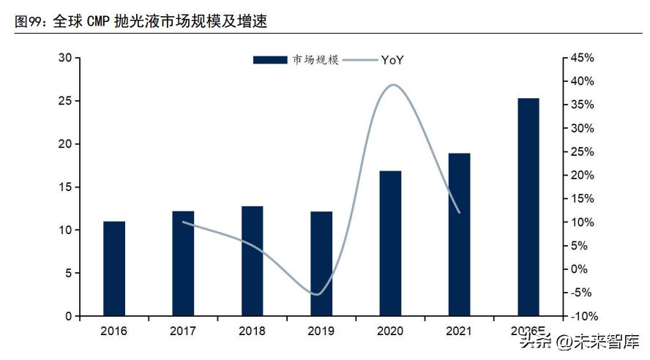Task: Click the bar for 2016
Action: [x=113, y=269]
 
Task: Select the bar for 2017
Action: [x=183, y=263]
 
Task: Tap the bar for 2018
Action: [x=252, y=261]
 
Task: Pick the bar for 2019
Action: [x=321, y=263]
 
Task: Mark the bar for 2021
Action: [x=459, y=235]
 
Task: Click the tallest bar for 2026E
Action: [x=528, y=207]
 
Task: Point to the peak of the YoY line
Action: [x=394, y=85]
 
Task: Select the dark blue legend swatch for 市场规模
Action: [x=270, y=60]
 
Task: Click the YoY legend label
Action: [x=392, y=60]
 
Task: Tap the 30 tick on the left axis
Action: [x=65, y=58]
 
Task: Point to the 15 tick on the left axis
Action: [x=65, y=187]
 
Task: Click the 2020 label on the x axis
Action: [x=390, y=331]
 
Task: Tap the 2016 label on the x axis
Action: [x=113, y=331]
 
